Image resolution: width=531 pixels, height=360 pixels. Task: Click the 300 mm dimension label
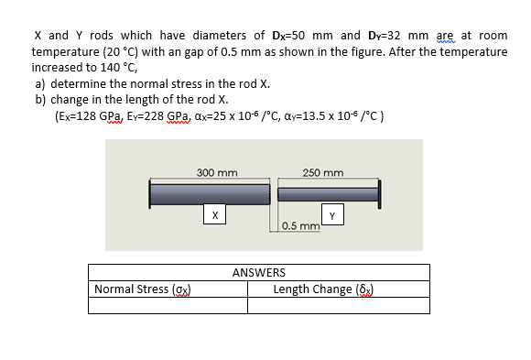pyautogui.click(x=217, y=172)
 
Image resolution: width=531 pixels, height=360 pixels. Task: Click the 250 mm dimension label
pyautogui.click(x=323, y=172)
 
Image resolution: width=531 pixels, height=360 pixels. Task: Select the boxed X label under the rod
pyautogui.click(x=213, y=214)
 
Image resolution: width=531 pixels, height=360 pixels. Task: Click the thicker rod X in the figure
pyautogui.click(x=211, y=194)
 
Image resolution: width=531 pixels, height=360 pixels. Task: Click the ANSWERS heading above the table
pyautogui.click(x=258, y=273)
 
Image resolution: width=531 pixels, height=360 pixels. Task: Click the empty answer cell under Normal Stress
pyautogui.click(x=168, y=307)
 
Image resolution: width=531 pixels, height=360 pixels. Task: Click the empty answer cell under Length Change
pyautogui.click(x=338, y=307)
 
